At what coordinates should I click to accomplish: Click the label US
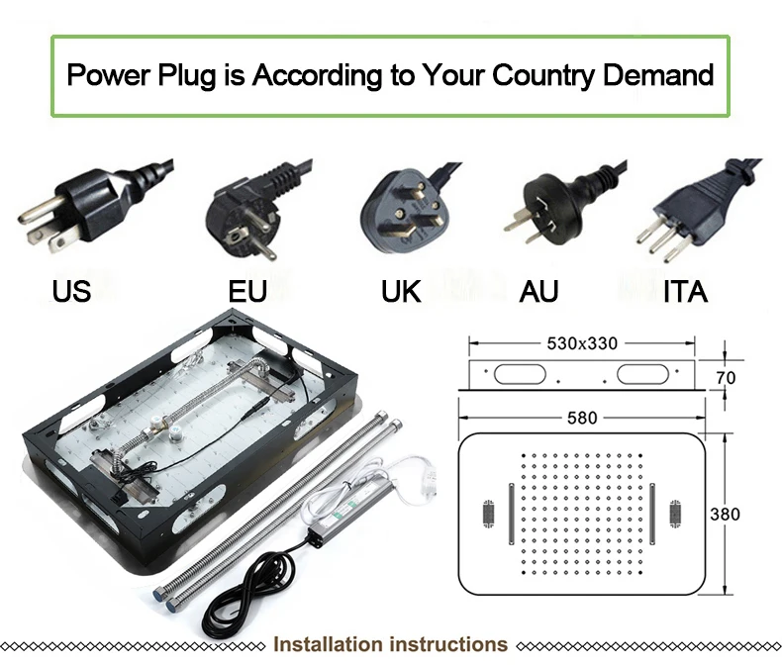(x=71, y=291)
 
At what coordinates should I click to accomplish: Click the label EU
(x=247, y=291)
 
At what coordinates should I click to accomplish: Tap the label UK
(x=401, y=291)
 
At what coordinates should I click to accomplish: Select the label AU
(x=538, y=291)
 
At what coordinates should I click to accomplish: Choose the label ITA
(x=685, y=291)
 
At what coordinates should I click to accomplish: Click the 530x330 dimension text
(x=581, y=343)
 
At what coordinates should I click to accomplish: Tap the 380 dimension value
(x=726, y=514)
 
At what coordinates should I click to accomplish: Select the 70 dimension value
(x=727, y=376)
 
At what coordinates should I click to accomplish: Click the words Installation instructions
(x=390, y=645)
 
